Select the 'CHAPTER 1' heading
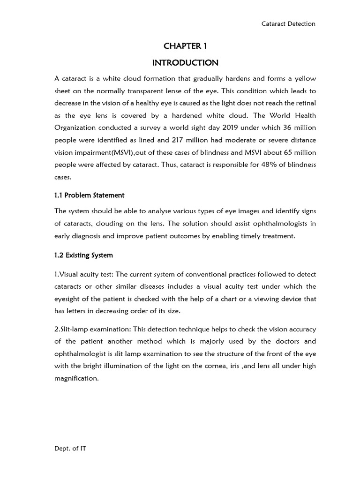coord(185,46)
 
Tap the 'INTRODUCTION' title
coord(185,63)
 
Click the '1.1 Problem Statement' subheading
coord(90,195)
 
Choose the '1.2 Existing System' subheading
coord(84,255)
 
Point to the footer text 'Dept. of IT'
coord(70,449)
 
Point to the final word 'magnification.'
coord(77,378)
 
